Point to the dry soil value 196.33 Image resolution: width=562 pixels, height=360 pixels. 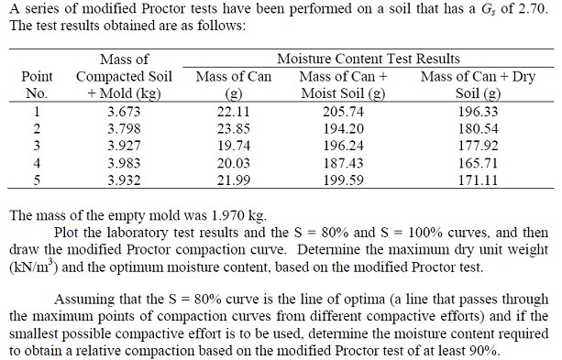pyautogui.click(x=479, y=111)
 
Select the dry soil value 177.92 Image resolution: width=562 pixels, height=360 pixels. pyautogui.click(x=479, y=145)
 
